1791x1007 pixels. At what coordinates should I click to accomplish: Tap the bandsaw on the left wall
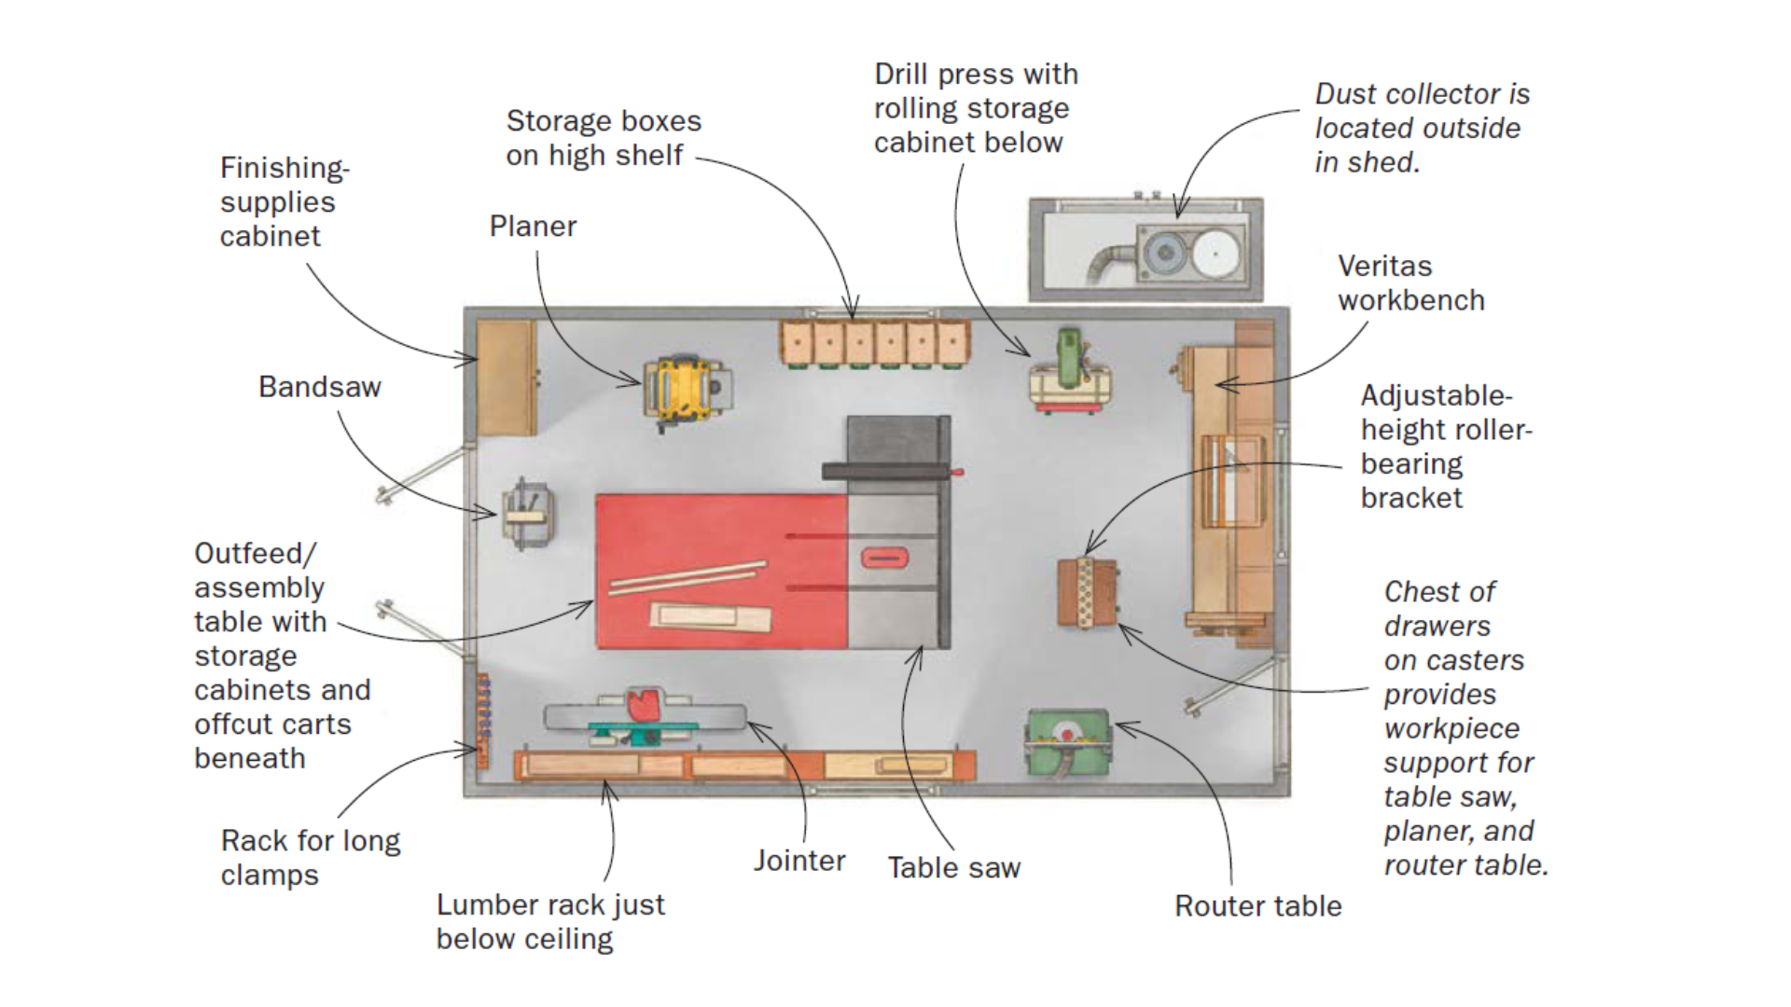coord(528,514)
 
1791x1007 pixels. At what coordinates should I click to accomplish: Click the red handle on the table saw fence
coord(957,473)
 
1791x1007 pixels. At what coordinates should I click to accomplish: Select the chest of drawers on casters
coord(1087,592)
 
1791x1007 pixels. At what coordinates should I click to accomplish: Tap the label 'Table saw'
coord(953,868)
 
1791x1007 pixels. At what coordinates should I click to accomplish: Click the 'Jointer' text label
coord(799,861)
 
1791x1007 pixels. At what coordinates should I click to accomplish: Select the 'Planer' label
coord(533,227)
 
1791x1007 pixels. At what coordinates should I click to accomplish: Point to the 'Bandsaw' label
coord(319,387)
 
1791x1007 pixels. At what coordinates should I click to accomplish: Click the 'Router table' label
coord(1257,906)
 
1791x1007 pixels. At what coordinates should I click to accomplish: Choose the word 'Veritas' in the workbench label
coord(1384,267)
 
